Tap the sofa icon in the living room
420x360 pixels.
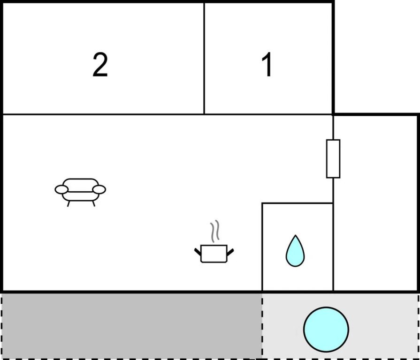coord(80,190)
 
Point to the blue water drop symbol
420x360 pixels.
coord(295,252)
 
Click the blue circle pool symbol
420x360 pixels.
coord(326,329)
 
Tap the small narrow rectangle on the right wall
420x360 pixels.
coord(333,158)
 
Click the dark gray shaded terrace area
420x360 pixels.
coord(131,326)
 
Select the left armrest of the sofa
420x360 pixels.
coord(61,189)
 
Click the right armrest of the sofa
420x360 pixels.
coord(99,189)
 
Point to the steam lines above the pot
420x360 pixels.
coord(214,231)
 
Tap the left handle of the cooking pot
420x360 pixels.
coord(198,252)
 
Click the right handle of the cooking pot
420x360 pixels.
coord(230,252)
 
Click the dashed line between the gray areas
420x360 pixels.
coord(262,326)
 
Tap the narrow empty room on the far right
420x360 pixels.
coord(375,202)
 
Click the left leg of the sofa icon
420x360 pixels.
coord(69,203)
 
